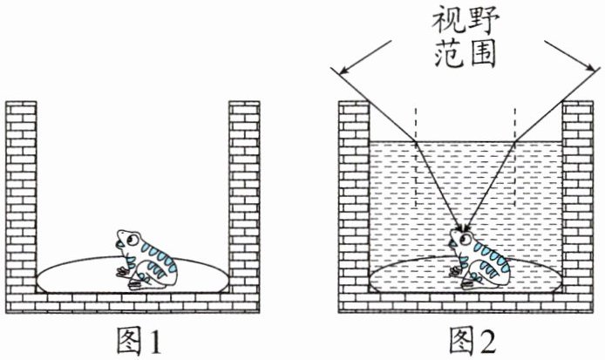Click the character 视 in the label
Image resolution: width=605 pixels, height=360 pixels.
tap(450, 19)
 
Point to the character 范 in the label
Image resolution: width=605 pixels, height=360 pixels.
tap(450, 54)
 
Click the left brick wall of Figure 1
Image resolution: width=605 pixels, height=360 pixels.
tap(21, 200)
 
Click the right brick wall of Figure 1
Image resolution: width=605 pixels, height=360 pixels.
tap(244, 200)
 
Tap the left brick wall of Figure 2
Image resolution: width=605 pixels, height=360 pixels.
tap(354, 200)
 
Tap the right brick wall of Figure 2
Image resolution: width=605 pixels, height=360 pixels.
tap(577, 200)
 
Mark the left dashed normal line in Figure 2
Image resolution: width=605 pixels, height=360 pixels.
tap(416, 157)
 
